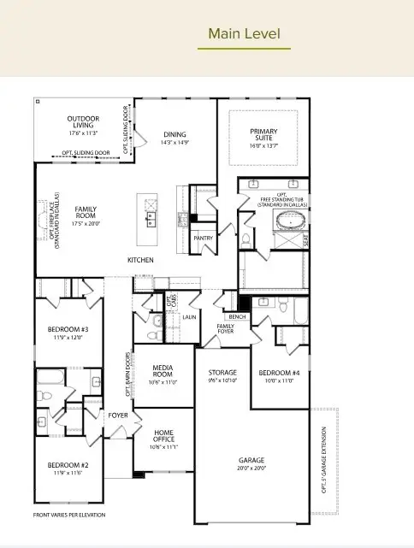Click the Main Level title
coord(244,34)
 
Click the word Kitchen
coord(140,258)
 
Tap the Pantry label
coord(203,239)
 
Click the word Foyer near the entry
coord(118,415)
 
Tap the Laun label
coord(191,316)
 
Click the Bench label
coord(238,316)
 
